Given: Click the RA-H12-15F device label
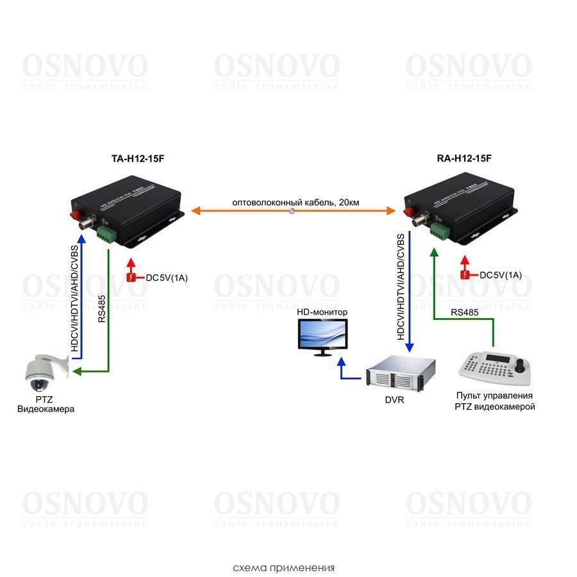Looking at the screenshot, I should click(465, 158).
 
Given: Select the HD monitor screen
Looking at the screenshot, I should click(319, 335).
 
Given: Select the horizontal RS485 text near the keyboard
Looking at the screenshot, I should click(464, 312).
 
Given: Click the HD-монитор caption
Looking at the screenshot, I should click(322, 312).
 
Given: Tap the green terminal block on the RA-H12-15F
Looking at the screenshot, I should click(440, 231).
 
